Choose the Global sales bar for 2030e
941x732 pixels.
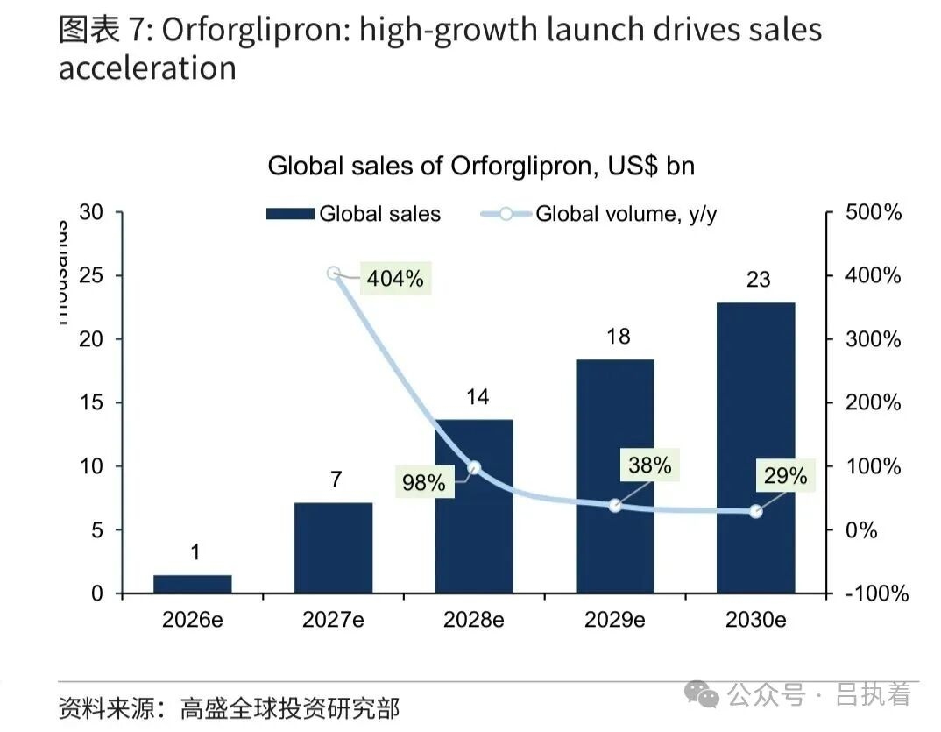[755, 448]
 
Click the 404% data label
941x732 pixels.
[395, 279]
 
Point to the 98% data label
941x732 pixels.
[424, 481]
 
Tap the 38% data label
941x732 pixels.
[649, 465]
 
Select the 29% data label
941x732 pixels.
[785, 476]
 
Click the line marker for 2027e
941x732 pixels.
[334, 274]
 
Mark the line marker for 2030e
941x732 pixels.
[755, 512]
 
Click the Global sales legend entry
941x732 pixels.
[353, 214]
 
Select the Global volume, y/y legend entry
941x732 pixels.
[599, 214]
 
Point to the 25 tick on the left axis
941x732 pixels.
[91, 276]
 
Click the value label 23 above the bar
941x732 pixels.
[758, 279]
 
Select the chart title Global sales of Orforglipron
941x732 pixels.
[481, 166]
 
